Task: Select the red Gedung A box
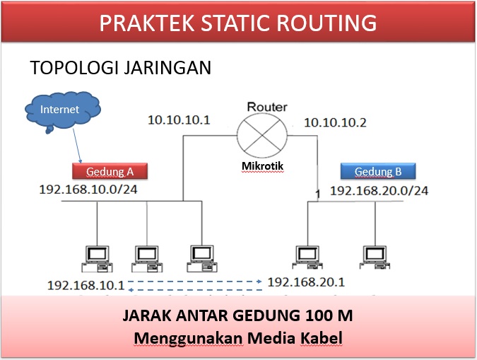(110, 171)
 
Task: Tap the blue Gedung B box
(377, 171)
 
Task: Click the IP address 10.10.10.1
(179, 120)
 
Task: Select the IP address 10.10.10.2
(335, 122)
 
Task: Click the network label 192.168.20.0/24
(379, 190)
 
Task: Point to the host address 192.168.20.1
(306, 282)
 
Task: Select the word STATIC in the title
(223, 23)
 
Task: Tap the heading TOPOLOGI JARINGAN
(121, 69)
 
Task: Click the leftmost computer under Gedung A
(95, 257)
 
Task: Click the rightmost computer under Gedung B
(375, 257)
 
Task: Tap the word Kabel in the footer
(319, 338)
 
